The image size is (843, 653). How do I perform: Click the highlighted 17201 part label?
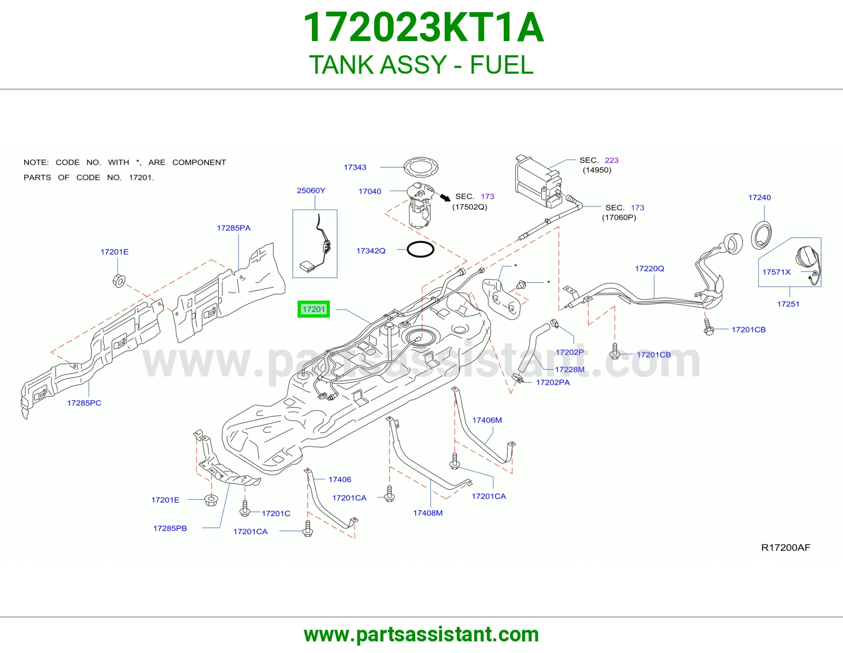click(313, 309)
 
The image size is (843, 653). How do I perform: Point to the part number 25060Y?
click(311, 191)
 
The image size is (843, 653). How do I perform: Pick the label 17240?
click(759, 197)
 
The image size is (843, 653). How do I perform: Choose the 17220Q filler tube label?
click(650, 269)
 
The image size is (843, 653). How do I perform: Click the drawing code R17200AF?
click(786, 548)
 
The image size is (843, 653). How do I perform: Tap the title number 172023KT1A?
click(423, 27)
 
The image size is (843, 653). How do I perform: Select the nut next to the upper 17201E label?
click(119, 280)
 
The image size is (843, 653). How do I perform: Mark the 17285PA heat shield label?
click(233, 228)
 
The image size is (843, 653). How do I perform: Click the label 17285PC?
click(84, 403)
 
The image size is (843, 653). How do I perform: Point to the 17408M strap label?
click(427, 513)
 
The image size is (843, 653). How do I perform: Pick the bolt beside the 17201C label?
click(245, 508)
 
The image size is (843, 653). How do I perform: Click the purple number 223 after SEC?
click(611, 161)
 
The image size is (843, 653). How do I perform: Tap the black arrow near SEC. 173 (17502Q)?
click(445, 197)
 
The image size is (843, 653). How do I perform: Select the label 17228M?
click(570, 370)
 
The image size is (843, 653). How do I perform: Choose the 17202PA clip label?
click(553, 382)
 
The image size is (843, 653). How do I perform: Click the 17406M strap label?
click(487, 420)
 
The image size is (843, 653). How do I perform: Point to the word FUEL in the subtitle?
click(502, 65)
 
